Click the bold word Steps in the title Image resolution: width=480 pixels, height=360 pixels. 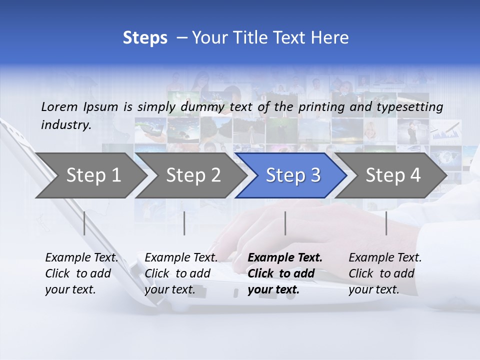(145, 38)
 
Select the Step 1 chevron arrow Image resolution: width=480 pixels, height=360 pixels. (90, 175)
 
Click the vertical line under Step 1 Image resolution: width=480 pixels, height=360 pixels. (84, 223)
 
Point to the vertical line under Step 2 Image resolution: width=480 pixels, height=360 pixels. (184, 223)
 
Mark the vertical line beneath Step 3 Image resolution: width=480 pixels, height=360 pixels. (285, 223)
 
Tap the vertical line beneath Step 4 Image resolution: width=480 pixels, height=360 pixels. (386, 223)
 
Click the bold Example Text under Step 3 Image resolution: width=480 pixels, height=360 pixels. (285, 273)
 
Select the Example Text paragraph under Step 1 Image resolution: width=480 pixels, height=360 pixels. (81, 273)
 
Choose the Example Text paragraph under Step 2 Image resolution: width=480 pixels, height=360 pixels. (181, 273)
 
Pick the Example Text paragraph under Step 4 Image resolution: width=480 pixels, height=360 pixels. (385, 273)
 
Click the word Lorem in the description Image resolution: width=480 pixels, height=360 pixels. (59, 106)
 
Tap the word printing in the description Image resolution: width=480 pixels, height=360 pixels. (322, 107)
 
